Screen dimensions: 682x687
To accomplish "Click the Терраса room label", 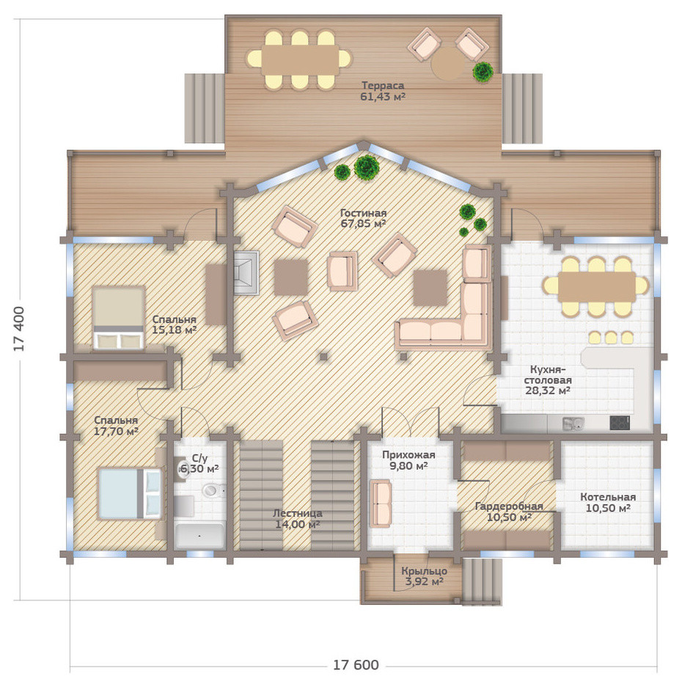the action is tap(383, 85).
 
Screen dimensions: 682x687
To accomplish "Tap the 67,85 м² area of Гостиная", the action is tap(363, 224).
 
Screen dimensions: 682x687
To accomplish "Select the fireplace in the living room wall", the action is tap(246, 272).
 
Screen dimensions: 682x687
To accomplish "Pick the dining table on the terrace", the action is tap(300, 59).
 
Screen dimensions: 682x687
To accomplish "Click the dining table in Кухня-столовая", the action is tap(597, 286).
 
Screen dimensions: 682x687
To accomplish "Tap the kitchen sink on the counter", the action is tap(573, 423).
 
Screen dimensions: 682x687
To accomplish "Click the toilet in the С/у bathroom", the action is tap(213, 490).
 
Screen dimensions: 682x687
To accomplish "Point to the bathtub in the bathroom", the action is tap(199, 535).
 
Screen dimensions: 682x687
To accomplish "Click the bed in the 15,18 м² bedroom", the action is tap(118, 318).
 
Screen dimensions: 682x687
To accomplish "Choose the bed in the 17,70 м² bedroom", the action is tap(130, 494).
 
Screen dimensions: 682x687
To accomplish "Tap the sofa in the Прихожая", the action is tap(381, 504).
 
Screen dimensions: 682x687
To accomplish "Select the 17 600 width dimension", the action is tap(356, 665).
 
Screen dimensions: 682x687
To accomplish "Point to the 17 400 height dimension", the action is tap(19, 329).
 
